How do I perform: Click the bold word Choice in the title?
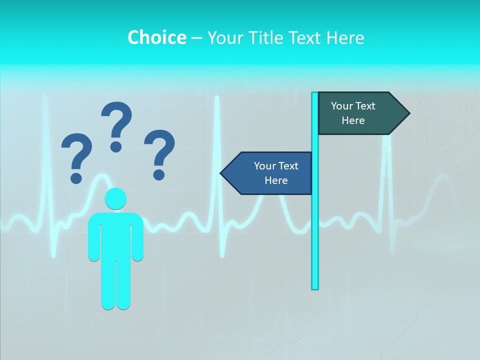coord(156,37)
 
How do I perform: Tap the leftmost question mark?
coord(76,155)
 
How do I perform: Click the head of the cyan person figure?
coord(115,198)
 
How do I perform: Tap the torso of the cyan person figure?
coord(115,235)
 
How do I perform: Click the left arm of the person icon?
coord(93,240)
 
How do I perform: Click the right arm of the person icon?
coord(137,240)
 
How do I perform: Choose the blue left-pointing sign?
coord(270,173)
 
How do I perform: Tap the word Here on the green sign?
coord(353,120)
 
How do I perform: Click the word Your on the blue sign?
coord(263,166)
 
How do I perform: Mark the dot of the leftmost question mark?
coord(76,177)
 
